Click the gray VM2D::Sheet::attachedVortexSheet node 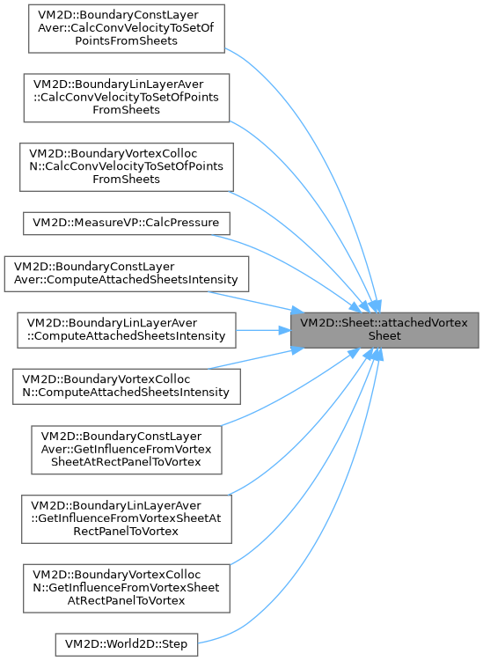coord(384,330)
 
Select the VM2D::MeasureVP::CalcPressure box coord(126,224)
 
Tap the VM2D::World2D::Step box coord(127,644)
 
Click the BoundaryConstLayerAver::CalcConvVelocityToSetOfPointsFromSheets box coord(127,29)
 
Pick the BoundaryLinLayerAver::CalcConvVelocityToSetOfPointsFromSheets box coord(127,98)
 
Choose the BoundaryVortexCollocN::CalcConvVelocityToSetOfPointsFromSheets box coord(127,167)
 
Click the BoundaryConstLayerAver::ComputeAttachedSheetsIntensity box coord(127,274)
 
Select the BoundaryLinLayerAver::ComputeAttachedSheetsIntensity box coord(127,330)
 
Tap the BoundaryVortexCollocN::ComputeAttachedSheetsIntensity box coord(127,386)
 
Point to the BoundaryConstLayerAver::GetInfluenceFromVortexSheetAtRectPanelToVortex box coord(127,450)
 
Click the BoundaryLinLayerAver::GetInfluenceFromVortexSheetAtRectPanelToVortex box coord(127,519)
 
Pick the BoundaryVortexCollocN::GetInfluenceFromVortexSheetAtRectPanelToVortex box coord(127,588)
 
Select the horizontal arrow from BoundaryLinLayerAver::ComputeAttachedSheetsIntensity coord(263,330)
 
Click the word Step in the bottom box coord(175,644)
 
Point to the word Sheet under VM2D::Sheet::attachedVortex coord(384,336)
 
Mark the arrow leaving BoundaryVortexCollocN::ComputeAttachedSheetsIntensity coord(255,358)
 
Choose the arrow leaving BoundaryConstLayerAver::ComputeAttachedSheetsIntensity coord(255,302)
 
